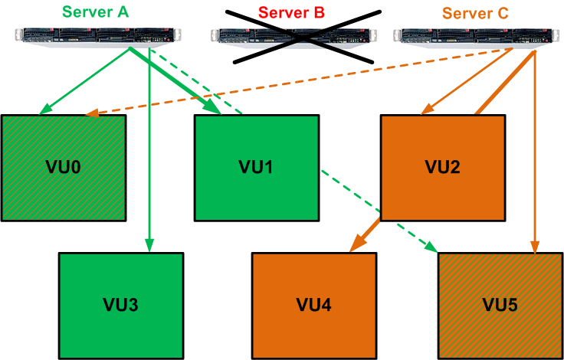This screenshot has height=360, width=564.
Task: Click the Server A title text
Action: pos(97,12)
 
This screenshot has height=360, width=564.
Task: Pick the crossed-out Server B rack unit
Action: pos(295,35)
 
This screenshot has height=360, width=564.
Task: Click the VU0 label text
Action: pos(63,166)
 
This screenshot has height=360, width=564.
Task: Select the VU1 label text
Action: pos(256,166)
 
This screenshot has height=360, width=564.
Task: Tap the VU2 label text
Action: pos(443,166)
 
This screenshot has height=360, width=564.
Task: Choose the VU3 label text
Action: pos(121,304)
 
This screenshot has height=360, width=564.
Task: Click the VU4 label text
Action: pos(314,304)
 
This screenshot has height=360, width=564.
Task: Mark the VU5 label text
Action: pos(500,304)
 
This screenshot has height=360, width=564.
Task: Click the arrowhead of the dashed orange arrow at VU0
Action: pos(91,114)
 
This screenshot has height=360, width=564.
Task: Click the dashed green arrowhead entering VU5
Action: pos(432,247)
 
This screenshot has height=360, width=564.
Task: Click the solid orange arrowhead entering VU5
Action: pos(535,247)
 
